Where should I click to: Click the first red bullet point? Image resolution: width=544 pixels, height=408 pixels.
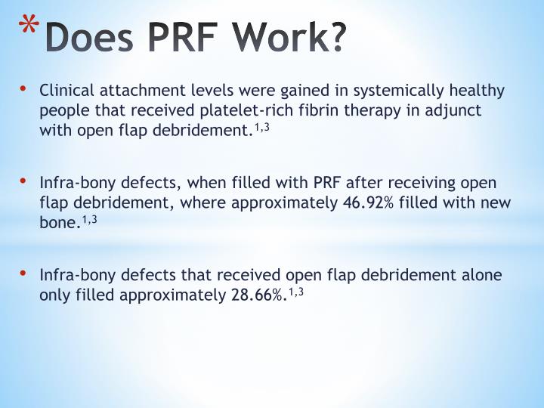(23, 90)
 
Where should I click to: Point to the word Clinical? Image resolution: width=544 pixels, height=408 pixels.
(66, 91)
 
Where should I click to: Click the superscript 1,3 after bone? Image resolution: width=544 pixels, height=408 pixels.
(90, 219)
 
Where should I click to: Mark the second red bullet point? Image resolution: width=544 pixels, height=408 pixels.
(23, 181)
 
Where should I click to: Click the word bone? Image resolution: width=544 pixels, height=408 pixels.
(58, 224)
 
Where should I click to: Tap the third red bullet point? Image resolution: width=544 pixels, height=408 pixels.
(23, 274)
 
